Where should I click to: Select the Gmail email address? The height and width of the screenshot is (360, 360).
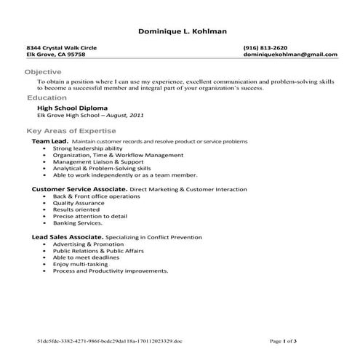290,55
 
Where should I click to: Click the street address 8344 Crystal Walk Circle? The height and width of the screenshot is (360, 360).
61,47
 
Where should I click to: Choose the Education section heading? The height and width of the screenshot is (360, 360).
47,97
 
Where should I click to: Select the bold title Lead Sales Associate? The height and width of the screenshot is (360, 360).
68,237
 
